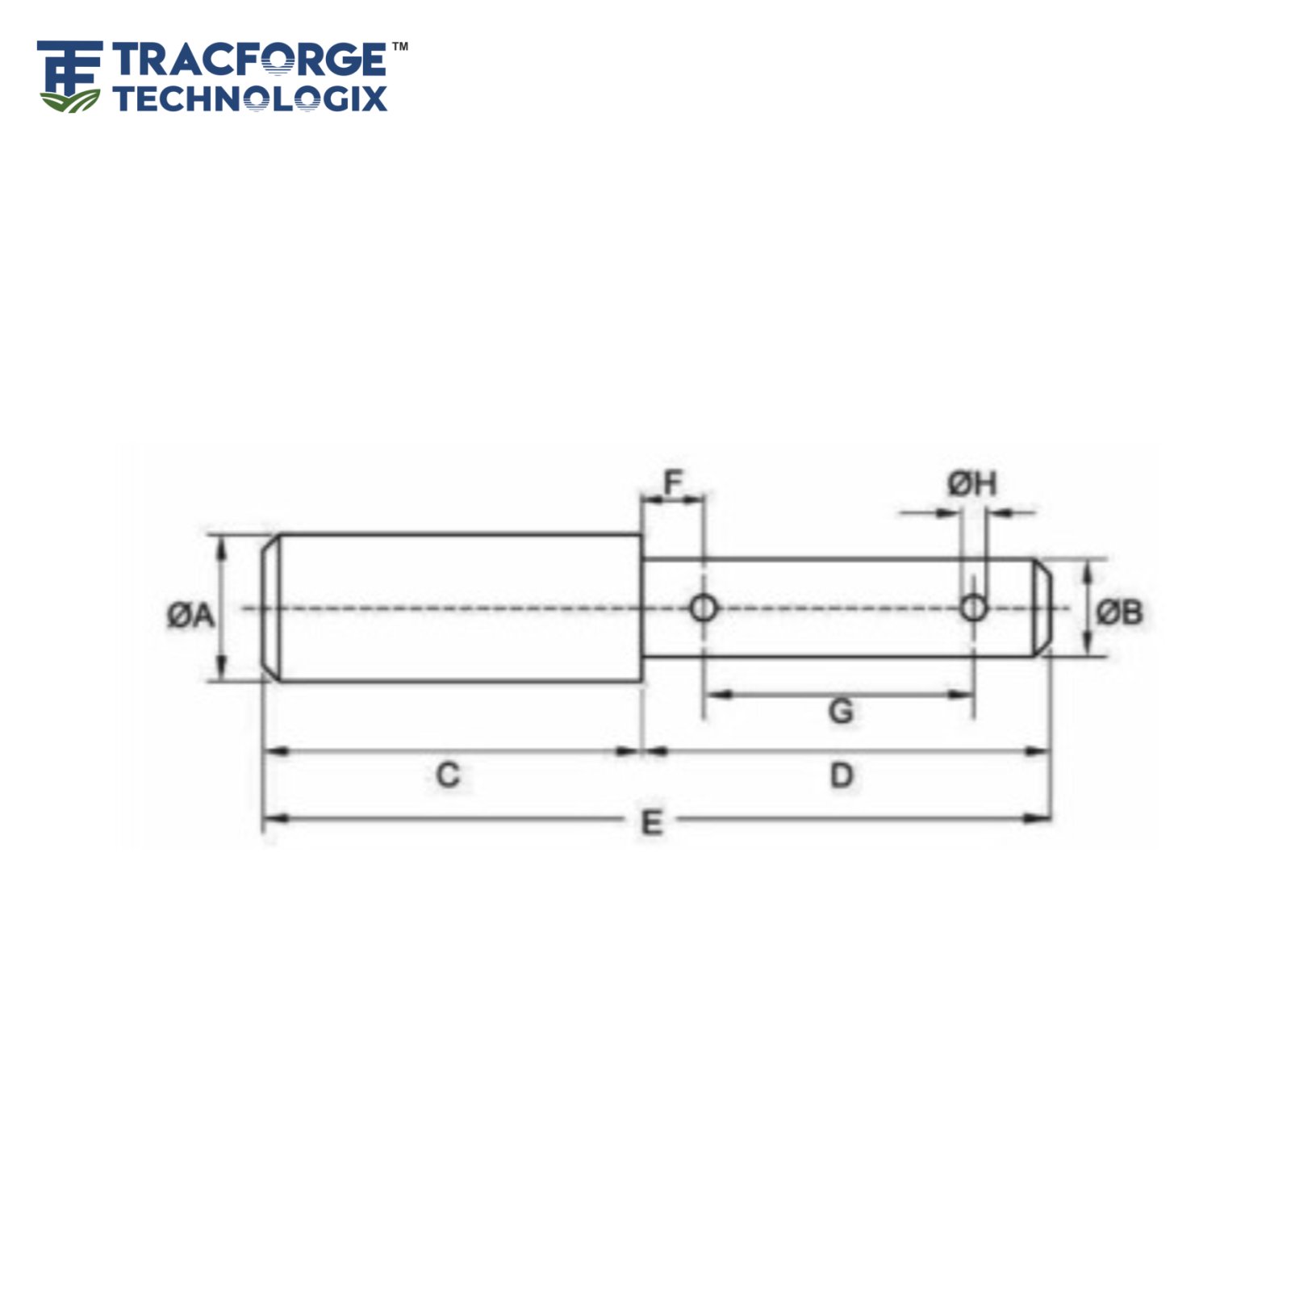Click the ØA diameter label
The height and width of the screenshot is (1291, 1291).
click(191, 616)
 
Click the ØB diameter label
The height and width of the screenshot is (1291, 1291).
click(1119, 613)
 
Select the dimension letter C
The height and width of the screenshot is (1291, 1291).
click(448, 776)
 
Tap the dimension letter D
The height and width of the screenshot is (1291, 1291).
click(841, 776)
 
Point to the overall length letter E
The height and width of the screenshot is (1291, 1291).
click(651, 822)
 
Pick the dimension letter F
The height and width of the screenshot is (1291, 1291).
click(672, 483)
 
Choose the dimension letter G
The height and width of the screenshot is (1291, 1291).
click(840, 712)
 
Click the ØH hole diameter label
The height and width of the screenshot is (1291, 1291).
click(972, 484)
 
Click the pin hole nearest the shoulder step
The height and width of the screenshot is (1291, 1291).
click(703, 608)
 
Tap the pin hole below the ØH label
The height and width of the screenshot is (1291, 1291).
click(974, 608)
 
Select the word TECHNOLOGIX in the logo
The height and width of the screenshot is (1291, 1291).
click(250, 98)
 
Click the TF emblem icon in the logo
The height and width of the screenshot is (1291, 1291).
click(69, 76)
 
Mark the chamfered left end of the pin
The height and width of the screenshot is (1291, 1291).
click(271, 608)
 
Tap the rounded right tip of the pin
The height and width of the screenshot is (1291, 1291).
click(1042, 608)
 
